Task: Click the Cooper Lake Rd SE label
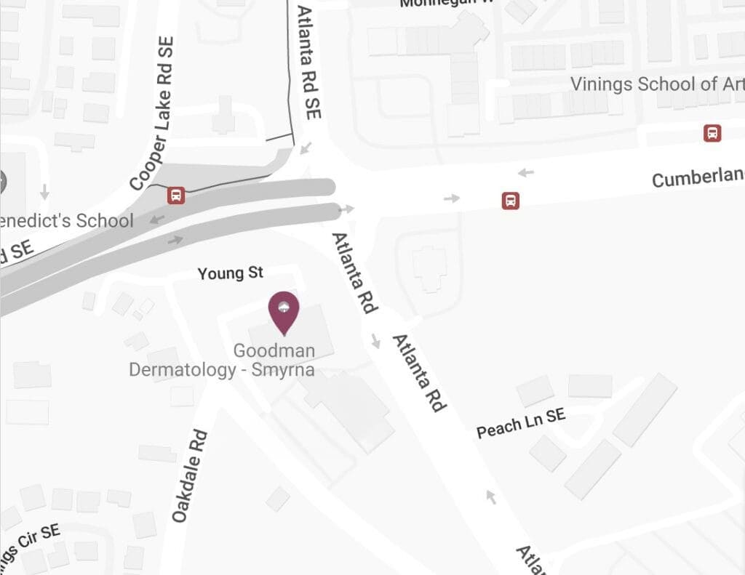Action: coord(151,115)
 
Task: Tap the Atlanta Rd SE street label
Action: coord(309,63)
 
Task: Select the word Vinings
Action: coord(601,84)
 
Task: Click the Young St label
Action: coord(231,273)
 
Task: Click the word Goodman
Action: coord(274,350)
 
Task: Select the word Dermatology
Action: coord(183,369)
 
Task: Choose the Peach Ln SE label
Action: coord(520,423)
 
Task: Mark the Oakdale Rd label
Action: coord(190,476)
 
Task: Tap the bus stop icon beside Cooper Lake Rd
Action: coord(175,195)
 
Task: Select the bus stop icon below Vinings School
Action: coord(712,133)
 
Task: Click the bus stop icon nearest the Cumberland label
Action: coord(511,201)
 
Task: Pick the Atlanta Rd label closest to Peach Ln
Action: coord(418,373)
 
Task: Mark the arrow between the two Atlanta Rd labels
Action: coord(375,340)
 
